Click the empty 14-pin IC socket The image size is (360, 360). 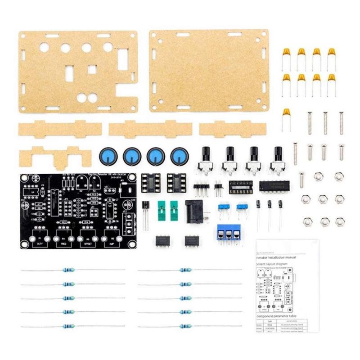click(240, 186)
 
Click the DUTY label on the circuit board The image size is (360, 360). click(39, 243)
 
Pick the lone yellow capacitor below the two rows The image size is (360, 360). click(287, 113)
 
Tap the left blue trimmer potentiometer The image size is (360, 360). click(222, 208)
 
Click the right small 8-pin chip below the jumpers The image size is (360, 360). click(192, 240)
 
